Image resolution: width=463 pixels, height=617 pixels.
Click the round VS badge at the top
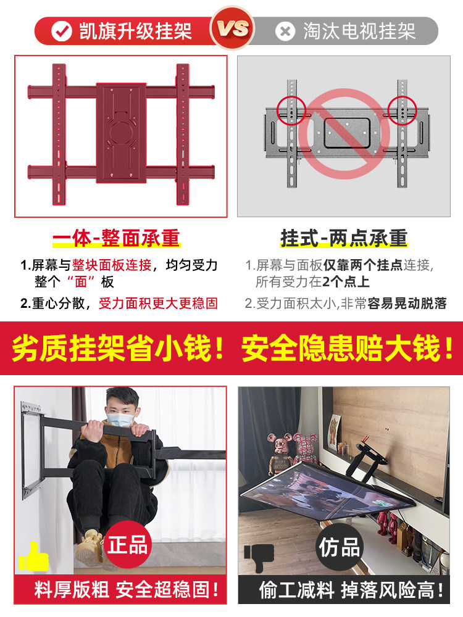click(x=233, y=28)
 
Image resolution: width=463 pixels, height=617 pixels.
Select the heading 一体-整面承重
click(x=115, y=238)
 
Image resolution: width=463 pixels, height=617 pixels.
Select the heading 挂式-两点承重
click(x=344, y=238)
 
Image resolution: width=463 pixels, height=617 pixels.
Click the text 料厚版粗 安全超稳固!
click(x=127, y=590)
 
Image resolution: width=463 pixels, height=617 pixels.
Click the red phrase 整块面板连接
click(x=112, y=265)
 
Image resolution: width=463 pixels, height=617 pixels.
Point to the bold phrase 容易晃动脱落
click(x=407, y=304)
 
